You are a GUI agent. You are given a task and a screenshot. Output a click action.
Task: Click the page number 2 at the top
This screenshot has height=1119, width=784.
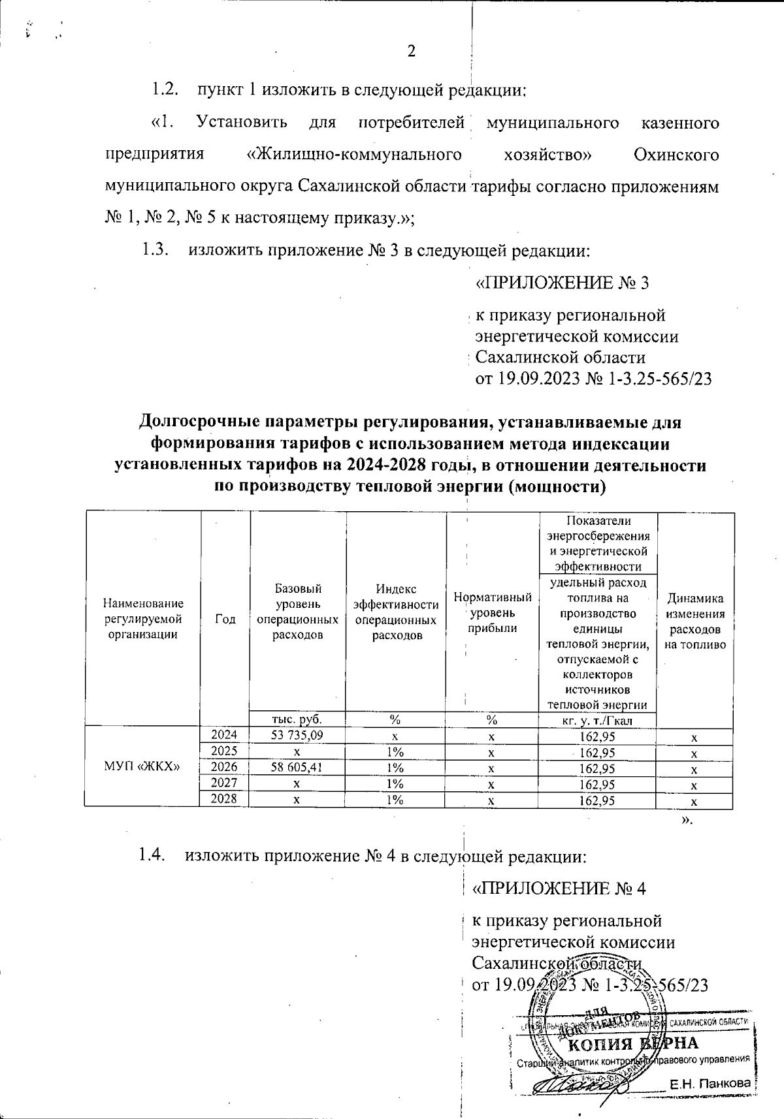click(412, 52)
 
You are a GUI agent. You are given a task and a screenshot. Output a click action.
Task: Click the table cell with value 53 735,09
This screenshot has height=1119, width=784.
click(297, 736)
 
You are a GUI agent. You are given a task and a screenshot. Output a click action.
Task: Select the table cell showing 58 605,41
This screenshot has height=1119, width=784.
click(297, 768)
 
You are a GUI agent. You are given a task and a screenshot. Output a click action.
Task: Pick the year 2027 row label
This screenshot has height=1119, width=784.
click(225, 783)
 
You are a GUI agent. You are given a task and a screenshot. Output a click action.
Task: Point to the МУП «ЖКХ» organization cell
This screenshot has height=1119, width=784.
click(142, 766)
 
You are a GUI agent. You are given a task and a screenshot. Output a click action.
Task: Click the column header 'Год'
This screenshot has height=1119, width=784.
click(225, 620)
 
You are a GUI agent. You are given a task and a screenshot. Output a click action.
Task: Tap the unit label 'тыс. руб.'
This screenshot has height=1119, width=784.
click(297, 719)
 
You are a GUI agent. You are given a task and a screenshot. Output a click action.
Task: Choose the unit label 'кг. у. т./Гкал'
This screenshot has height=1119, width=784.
click(598, 720)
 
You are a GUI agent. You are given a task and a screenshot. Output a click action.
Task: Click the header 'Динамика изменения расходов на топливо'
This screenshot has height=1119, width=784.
click(695, 622)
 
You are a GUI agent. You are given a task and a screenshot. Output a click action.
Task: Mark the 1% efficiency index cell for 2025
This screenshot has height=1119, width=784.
click(395, 752)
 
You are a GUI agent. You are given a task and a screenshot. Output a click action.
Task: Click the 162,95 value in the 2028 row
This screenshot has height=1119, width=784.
click(598, 800)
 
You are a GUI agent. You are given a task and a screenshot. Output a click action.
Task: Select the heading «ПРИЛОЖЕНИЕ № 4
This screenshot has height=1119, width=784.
click(559, 889)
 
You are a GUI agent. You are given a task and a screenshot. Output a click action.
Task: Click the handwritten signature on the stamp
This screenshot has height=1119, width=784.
click(581, 1084)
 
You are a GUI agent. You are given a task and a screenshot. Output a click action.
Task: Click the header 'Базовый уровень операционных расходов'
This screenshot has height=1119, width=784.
click(297, 612)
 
